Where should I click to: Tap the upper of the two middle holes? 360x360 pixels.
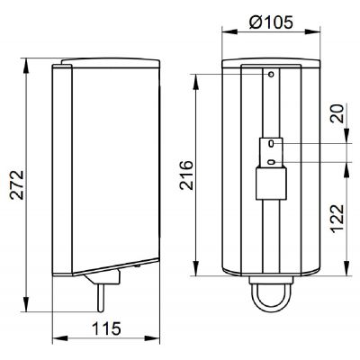271,142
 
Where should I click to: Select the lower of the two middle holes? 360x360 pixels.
271,162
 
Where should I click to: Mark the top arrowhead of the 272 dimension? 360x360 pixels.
31,63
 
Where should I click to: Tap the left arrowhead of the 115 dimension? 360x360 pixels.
56,339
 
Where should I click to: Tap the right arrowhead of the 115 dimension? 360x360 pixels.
159,339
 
